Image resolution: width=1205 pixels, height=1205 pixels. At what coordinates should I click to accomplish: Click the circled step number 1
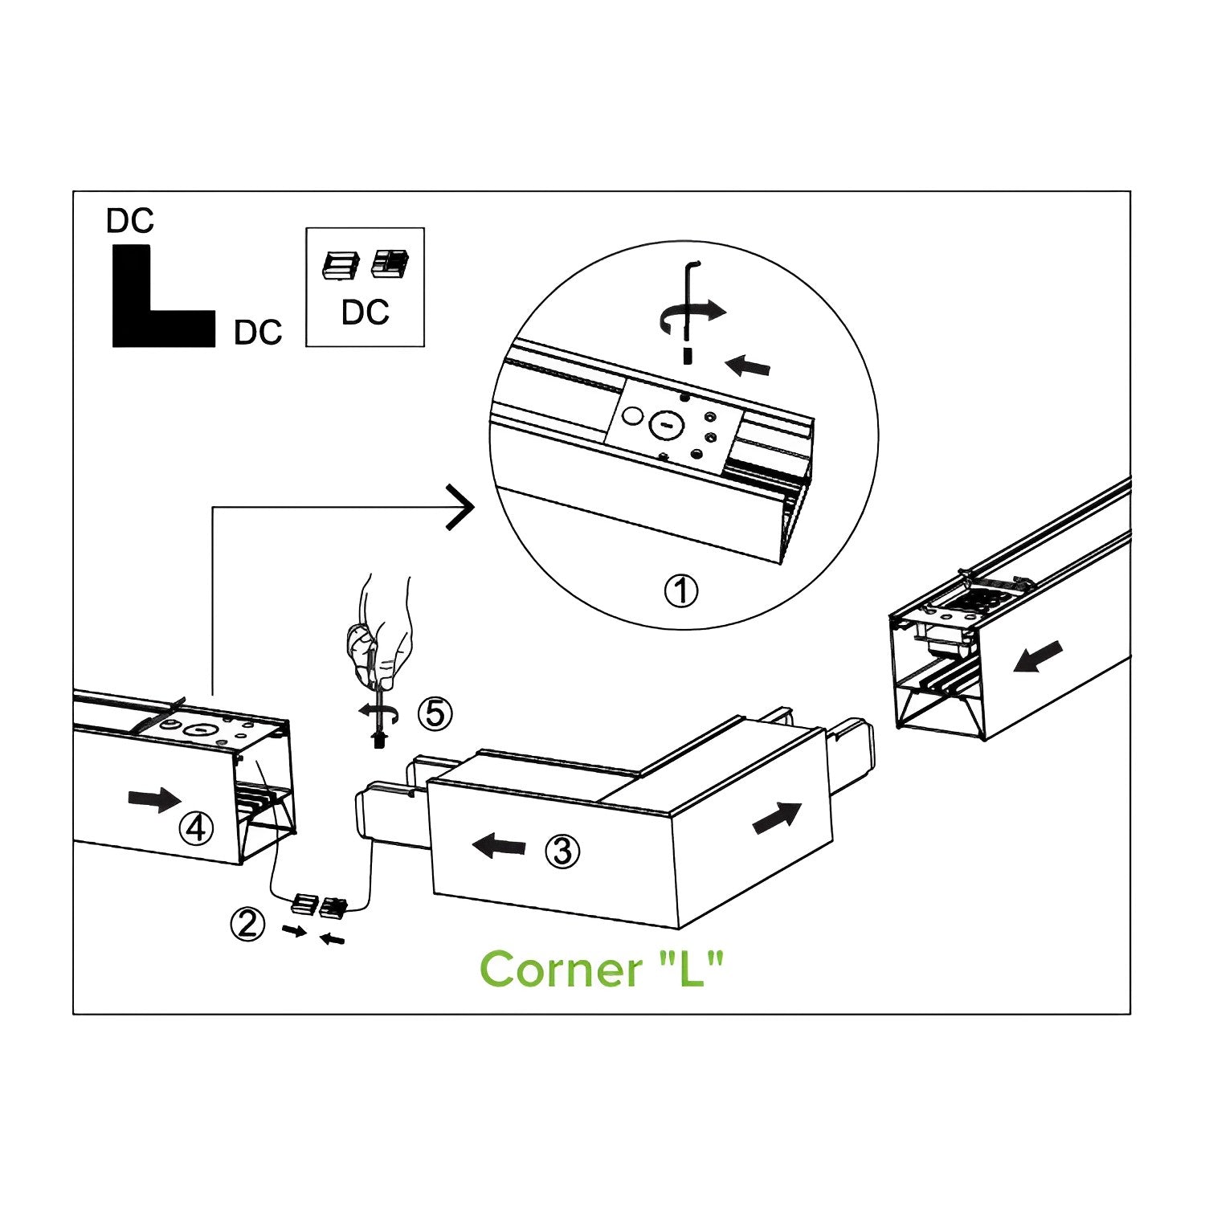point(681,591)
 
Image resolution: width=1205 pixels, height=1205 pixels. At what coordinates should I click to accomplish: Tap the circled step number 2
point(247,924)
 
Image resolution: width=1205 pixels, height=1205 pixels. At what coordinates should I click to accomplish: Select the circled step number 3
point(562,851)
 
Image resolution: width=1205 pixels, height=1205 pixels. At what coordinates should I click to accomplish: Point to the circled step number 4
point(196,827)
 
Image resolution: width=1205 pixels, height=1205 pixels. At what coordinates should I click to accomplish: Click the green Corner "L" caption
point(602,970)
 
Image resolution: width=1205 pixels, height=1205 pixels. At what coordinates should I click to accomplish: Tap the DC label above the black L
point(129,221)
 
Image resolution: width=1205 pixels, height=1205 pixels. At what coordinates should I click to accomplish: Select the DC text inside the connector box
point(365,312)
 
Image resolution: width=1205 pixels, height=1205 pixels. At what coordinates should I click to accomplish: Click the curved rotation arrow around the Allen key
point(691,315)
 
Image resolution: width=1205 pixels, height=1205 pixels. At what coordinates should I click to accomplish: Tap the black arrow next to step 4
point(154,799)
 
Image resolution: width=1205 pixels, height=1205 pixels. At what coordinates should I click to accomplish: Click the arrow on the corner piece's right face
point(777,818)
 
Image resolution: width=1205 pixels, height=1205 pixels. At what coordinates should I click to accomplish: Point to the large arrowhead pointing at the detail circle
point(460,507)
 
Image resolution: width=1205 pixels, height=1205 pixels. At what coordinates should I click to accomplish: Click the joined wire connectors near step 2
point(319,906)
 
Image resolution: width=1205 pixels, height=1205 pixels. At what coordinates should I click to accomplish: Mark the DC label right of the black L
point(258,333)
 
